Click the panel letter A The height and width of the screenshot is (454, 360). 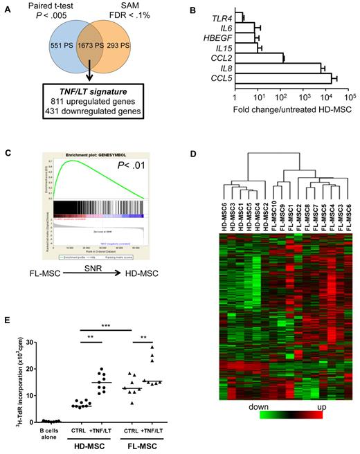8,8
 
